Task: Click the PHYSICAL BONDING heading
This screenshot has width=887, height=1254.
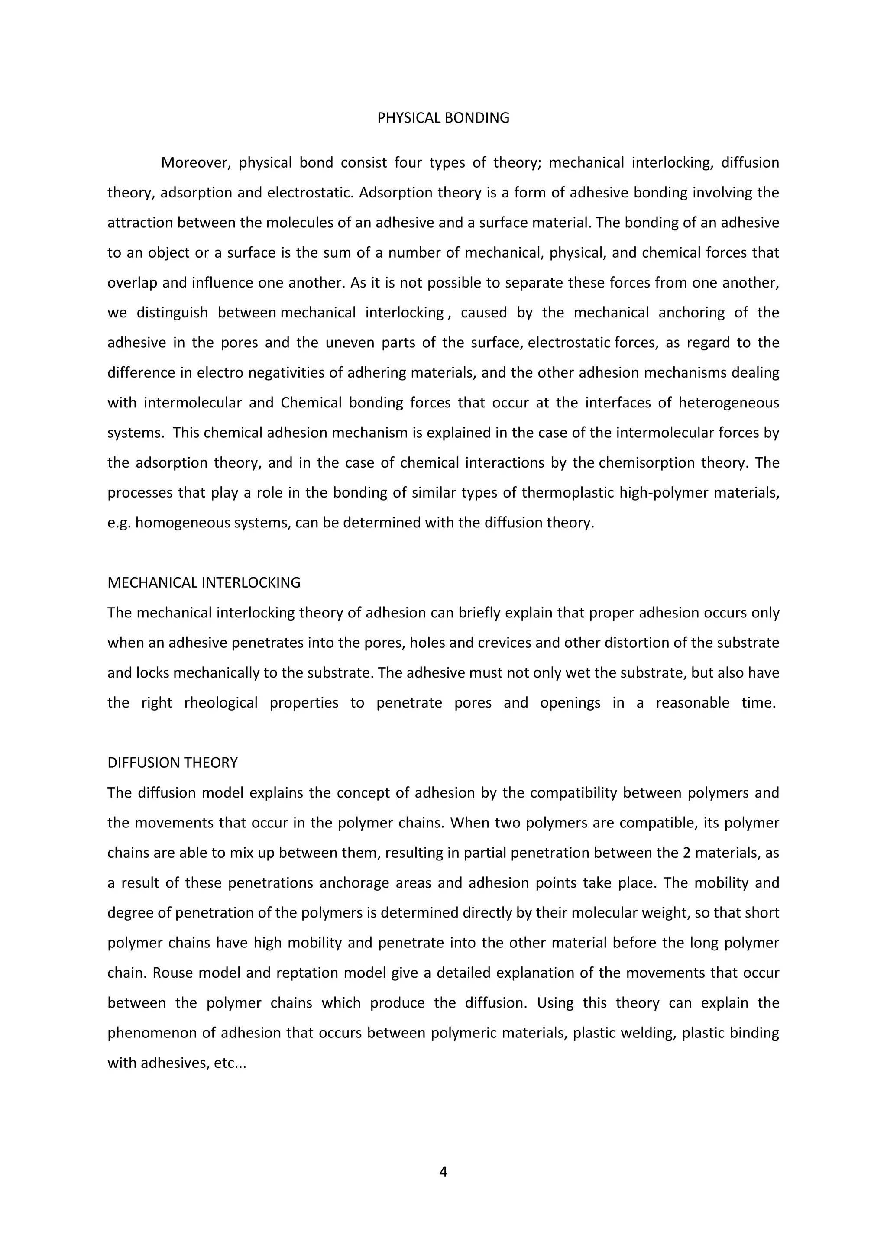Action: click(443, 118)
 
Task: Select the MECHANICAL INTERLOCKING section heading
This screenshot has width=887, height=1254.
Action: click(204, 583)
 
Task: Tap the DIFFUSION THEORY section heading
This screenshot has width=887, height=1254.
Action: click(173, 763)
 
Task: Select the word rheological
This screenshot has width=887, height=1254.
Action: click(220, 703)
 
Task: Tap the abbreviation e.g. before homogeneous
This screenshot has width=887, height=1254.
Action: click(119, 523)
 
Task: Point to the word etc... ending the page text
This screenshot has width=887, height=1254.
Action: click(230, 1063)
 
